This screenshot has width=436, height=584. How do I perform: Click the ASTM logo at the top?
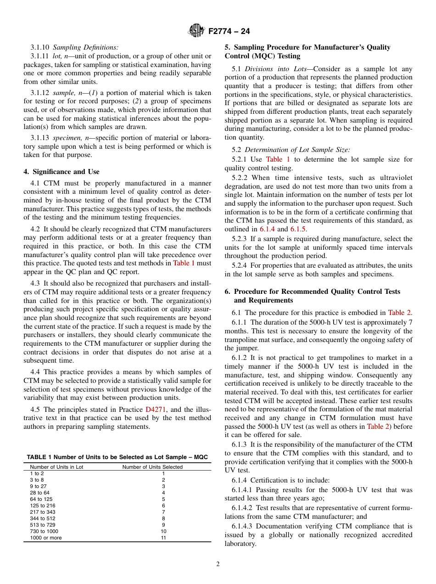tap(196, 31)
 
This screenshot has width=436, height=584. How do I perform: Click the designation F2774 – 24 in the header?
tap(229, 31)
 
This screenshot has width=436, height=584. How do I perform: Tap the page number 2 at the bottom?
tap(218, 564)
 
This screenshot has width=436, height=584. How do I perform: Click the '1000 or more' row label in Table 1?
tap(46, 538)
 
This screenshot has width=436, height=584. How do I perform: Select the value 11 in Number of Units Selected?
tap(163, 538)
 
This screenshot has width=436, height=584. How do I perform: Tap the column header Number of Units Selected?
tap(152, 467)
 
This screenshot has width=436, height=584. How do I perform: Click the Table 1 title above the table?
tap(117, 457)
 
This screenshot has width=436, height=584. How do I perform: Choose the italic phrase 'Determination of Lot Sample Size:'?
tap(297, 149)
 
